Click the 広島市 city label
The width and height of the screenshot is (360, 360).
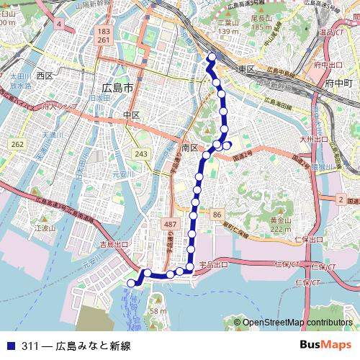coord(117,88)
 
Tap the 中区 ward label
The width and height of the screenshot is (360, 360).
coord(131,115)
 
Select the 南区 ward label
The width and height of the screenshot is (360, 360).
coord(190,147)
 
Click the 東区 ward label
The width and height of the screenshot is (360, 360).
coord(247,69)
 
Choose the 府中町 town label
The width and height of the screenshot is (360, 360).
coord(337,84)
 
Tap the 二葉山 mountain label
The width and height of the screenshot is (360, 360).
coord(228,22)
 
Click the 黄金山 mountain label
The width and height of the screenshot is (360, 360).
coord(280,220)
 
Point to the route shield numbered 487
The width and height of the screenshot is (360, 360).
coord(171,225)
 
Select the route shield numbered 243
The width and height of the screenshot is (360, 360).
coord(141,154)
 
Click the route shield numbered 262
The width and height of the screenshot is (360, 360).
coord(17,145)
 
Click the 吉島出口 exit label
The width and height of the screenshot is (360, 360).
coord(113,245)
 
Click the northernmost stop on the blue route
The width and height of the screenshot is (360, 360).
coord(211,57)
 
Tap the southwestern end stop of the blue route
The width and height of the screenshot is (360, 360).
coord(131,284)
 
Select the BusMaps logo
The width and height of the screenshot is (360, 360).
coord(325,345)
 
